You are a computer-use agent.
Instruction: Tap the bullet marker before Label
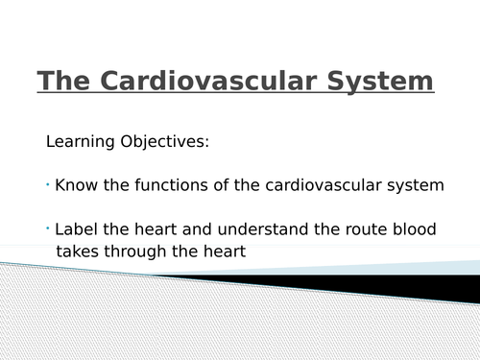48,229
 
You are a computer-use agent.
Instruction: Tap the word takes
78,252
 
